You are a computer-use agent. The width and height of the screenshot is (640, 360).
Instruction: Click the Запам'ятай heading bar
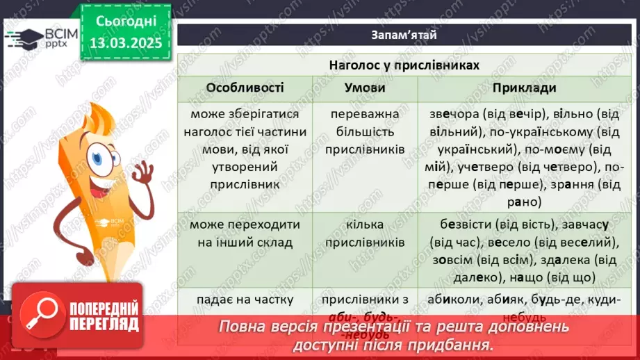tap(403, 34)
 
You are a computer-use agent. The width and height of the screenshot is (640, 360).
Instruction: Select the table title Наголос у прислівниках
tap(404, 65)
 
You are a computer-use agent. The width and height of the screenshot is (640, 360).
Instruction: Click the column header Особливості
tap(245, 88)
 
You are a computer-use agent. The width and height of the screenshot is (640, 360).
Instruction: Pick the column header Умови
tap(364, 88)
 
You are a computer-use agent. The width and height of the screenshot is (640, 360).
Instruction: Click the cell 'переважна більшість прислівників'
tap(364, 131)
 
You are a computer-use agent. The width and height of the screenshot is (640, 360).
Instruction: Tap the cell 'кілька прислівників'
tap(364, 234)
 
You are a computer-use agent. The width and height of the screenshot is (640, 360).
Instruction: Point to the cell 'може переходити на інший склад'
tap(245, 234)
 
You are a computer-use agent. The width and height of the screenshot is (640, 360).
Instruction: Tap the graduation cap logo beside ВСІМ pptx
tap(25, 38)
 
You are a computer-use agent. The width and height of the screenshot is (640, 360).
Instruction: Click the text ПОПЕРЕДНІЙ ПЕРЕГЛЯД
tap(101, 317)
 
